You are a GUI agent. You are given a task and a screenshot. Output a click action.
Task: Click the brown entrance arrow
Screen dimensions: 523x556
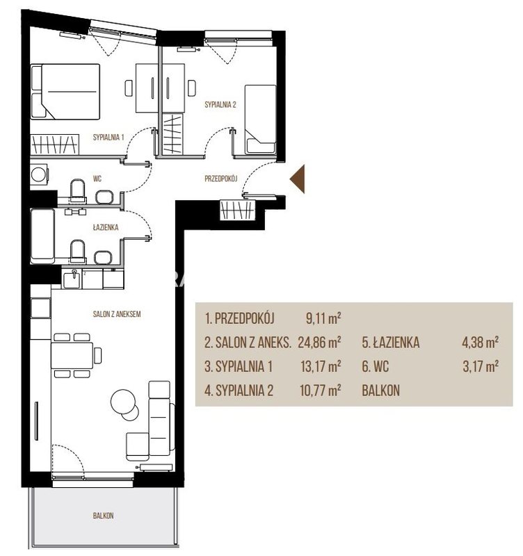click(299, 179)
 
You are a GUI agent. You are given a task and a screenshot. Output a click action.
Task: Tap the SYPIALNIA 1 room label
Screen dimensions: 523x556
click(108, 137)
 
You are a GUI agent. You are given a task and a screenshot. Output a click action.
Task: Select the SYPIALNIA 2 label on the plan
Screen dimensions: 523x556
click(220, 105)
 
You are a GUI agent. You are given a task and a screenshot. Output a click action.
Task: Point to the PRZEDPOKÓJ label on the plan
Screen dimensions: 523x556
click(220, 179)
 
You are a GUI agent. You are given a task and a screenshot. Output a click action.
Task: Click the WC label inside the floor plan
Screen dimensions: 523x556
click(97, 179)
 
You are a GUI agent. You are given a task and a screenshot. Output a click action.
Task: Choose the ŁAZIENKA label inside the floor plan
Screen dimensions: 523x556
click(106, 227)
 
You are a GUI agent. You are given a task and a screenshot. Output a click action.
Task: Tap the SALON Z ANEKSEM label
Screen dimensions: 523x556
click(117, 314)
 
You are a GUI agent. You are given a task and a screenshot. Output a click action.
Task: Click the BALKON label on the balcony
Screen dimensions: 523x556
click(103, 516)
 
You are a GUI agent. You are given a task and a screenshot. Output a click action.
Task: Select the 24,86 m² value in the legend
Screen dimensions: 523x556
click(319, 343)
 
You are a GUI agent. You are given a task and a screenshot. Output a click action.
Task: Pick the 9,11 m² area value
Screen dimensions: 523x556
click(323, 318)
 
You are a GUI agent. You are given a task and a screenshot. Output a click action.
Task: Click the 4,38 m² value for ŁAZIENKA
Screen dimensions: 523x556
click(480, 343)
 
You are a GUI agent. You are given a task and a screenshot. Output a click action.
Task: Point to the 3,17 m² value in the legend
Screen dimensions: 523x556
click(481, 366)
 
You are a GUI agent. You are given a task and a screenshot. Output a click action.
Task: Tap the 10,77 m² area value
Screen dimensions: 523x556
click(321, 390)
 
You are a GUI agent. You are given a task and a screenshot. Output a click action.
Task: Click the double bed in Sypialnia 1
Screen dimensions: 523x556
click(65, 92)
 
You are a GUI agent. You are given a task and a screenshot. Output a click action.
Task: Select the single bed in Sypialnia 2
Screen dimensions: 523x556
click(260, 120)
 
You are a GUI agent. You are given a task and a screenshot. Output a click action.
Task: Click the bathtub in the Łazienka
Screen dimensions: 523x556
click(42, 234)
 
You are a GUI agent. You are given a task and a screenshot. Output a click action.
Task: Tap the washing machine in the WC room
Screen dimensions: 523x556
click(39, 174)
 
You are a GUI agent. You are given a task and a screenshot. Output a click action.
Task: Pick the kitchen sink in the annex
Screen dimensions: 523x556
click(72, 279)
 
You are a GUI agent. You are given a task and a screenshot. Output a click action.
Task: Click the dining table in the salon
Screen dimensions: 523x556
click(72, 355)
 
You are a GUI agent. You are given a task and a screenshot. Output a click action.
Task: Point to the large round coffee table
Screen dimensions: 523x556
click(123, 402)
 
